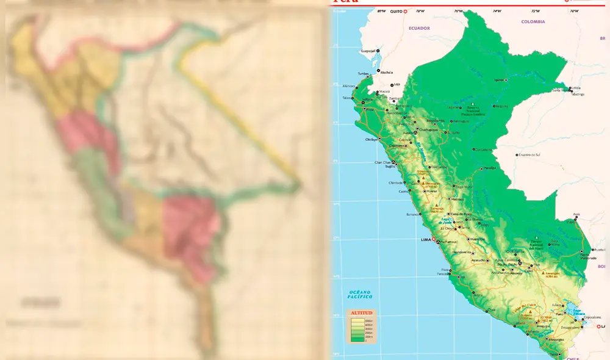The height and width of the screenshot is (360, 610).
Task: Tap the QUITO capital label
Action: pos(397,11)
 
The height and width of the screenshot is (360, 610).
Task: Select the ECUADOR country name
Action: pos(419,28)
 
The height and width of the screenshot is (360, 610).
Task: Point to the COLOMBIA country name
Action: pos(533,21)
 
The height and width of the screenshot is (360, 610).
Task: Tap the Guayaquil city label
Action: pos(368,51)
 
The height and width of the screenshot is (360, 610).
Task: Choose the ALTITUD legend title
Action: pos(360,312)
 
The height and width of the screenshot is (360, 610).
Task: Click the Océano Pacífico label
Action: pos(360,294)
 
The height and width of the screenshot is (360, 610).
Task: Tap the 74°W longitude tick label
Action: pos(497,11)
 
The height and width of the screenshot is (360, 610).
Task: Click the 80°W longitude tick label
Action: pos(381,11)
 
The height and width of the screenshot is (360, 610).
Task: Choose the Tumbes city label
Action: pos(364,73)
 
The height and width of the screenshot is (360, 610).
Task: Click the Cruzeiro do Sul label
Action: pos(528,154)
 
